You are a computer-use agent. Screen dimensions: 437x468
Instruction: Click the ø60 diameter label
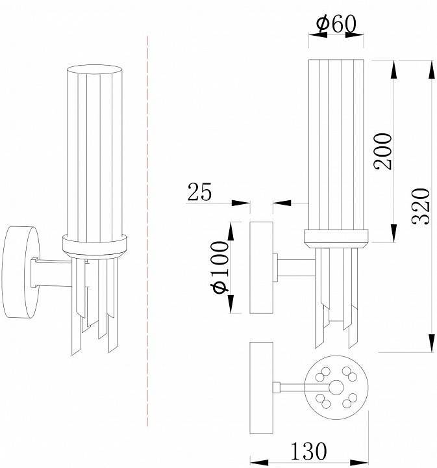336,24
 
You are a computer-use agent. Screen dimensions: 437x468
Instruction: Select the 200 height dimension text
382,151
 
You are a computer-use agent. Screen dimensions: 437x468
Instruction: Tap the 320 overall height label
421,206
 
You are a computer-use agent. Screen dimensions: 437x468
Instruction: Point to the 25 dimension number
200,192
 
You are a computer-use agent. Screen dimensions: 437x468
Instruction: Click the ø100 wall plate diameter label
219,267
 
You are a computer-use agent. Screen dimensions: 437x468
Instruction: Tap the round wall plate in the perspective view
21,272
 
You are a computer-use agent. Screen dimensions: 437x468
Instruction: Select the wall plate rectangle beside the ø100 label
262,267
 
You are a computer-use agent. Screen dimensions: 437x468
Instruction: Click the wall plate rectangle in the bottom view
262,387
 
